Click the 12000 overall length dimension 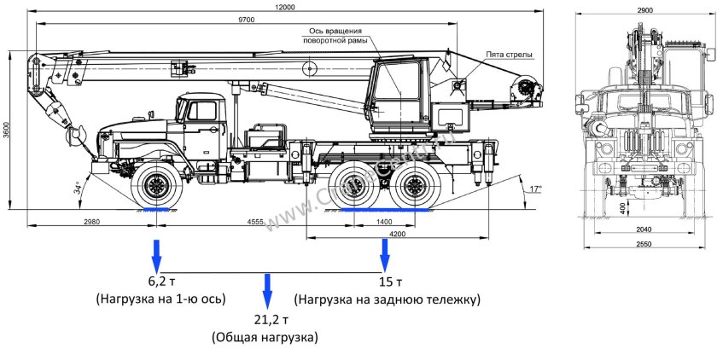coord(285,7)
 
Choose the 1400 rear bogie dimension coord(384,221)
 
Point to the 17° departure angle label coord(535,189)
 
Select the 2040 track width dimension coord(644,229)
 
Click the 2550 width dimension coord(644,244)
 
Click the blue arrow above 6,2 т coord(156,254)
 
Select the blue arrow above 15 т coord(385,254)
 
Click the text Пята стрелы coord(510,55)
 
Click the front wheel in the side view coord(157,185)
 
